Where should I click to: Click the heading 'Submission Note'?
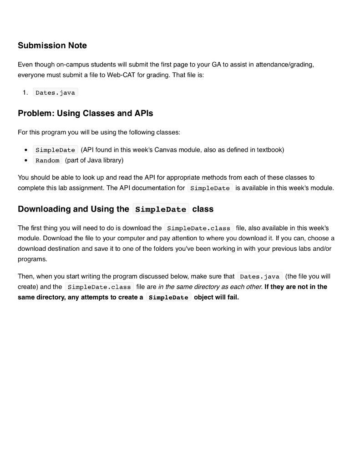pos(52,46)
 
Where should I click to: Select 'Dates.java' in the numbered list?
pos(55,92)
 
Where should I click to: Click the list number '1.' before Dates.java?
pos(25,92)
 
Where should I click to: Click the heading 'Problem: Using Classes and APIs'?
pos(86,113)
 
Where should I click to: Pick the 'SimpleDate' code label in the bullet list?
pos(55,150)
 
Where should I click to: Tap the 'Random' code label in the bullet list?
pos(47,160)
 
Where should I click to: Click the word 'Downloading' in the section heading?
pos(44,209)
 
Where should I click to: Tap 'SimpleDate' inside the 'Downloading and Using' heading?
pos(161,209)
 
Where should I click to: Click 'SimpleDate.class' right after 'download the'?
pos(198,228)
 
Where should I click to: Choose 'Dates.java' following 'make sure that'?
pos(259,277)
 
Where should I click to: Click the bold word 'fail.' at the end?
pos(231,297)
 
